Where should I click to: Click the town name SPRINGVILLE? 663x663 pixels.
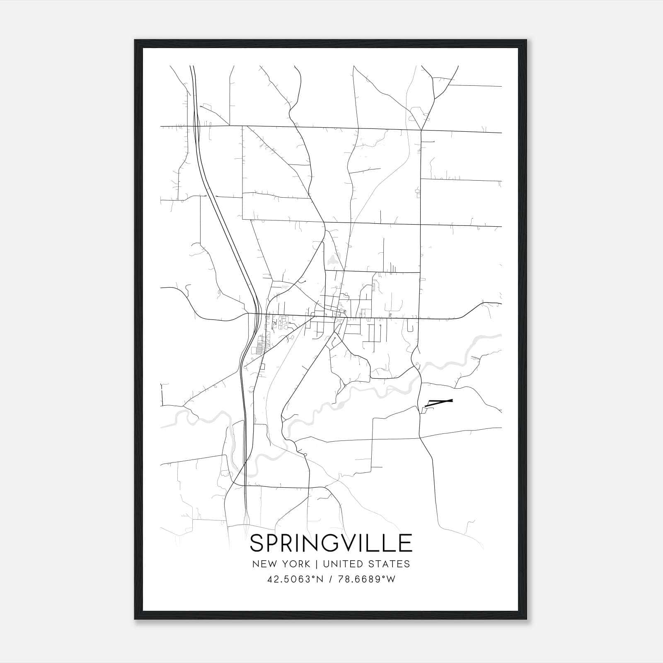(x=331, y=543)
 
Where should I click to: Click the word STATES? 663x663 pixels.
(x=390, y=564)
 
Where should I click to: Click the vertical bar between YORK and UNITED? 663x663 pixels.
(x=316, y=564)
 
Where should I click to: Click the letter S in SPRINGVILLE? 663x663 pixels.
(x=258, y=543)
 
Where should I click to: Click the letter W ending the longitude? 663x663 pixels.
(x=391, y=579)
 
